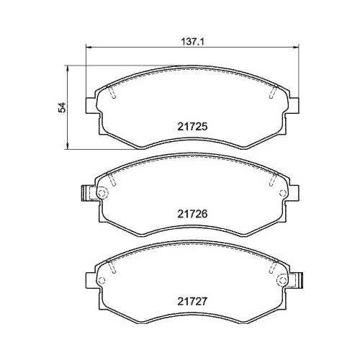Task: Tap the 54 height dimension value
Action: (x=63, y=107)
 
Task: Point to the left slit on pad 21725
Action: (x=114, y=93)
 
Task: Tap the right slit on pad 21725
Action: (x=272, y=93)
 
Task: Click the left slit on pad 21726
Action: (x=114, y=179)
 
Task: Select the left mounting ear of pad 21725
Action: (x=91, y=105)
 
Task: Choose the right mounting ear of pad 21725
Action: (x=294, y=105)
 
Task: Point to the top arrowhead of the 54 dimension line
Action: (x=68, y=68)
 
